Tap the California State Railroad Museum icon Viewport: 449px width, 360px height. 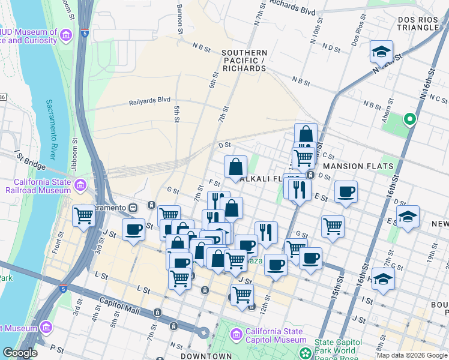[x=81, y=190]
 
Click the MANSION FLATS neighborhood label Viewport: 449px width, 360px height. [x=358, y=166]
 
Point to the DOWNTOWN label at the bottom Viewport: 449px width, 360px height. [x=206, y=356]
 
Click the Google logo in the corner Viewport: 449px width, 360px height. [x=19, y=353]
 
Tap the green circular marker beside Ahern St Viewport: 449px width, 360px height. [x=410, y=119]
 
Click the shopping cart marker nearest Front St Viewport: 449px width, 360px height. [x=83, y=215]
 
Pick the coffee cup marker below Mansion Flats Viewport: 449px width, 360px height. [x=346, y=192]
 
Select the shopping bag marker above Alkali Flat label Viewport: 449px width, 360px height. [x=236, y=167]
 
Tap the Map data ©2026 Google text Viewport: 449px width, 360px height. [x=412, y=355]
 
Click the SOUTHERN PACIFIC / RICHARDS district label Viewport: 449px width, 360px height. [x=244, y=61]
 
